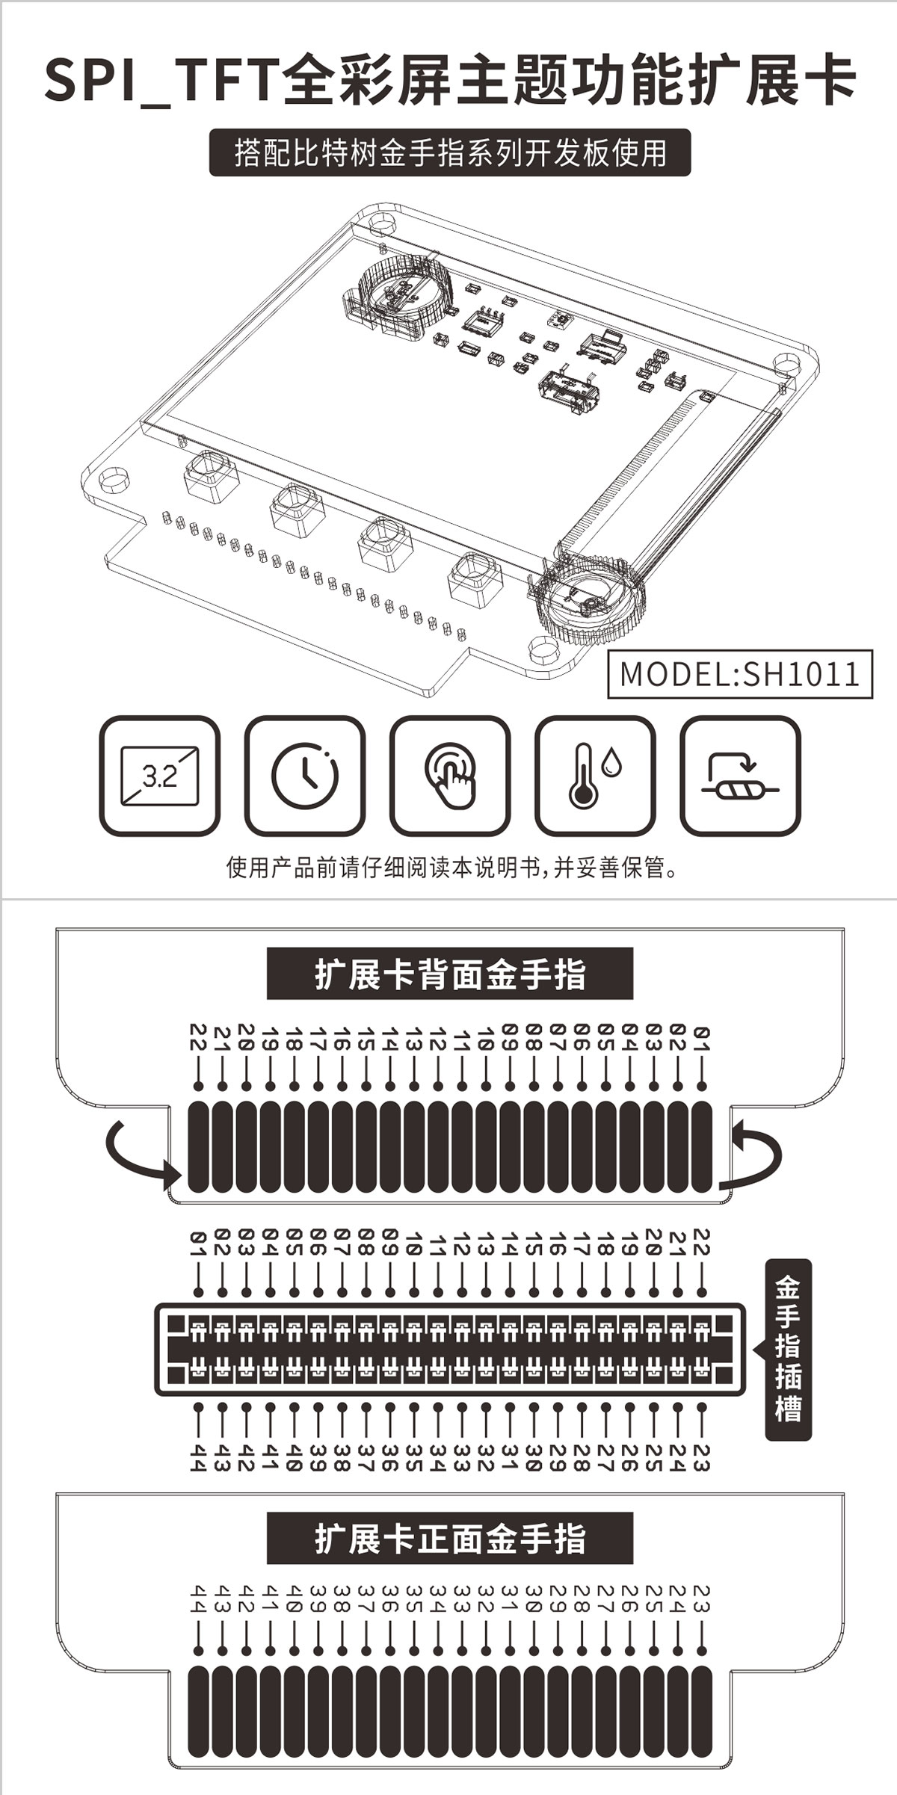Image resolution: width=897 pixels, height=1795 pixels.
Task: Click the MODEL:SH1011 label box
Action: pyautogui.click(x=740, y=674)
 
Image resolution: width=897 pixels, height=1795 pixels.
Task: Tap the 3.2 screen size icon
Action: pyautogui.click(x=160, y=776)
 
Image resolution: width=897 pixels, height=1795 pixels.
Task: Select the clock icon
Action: pyautogui.click(x=305, y=776)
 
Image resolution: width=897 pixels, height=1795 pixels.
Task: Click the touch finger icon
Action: pyautogui.click(x=450, y=776)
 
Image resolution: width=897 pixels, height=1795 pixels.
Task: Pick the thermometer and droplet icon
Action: pyautogui.click(x=595, y=776)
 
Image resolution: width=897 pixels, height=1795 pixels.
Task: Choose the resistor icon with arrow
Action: pyautogui.click(x=740, y=776)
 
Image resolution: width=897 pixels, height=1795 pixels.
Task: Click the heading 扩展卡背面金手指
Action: pyautogui.click(x=450, y=974)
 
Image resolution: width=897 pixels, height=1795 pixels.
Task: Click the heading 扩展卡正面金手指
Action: pyautogui.click(x=450, y=1539)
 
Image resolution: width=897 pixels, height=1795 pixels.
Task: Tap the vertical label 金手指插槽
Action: pyautogui.click(x=788, y=1350)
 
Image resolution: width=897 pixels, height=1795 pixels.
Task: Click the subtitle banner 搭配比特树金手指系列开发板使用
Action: pyautogui.click(x=450, y=153)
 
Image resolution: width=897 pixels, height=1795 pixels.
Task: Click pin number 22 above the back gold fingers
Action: pyautogui.click(x=198, y=1037)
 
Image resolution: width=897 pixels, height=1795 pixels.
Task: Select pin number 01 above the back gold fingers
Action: pyautogui.click(x=701, y=1037)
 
